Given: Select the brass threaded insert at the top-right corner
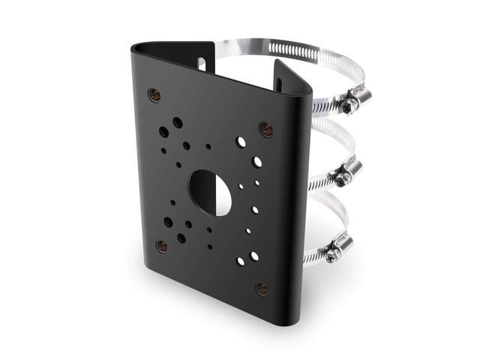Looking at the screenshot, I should point(264,127).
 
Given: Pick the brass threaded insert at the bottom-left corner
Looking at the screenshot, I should point(161,244).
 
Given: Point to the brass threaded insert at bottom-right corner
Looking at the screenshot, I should point(261,286).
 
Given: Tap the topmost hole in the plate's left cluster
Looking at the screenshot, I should point(177,121).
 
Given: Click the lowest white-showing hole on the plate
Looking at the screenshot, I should point(241,262).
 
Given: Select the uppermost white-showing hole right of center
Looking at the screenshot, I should point(241,140).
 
